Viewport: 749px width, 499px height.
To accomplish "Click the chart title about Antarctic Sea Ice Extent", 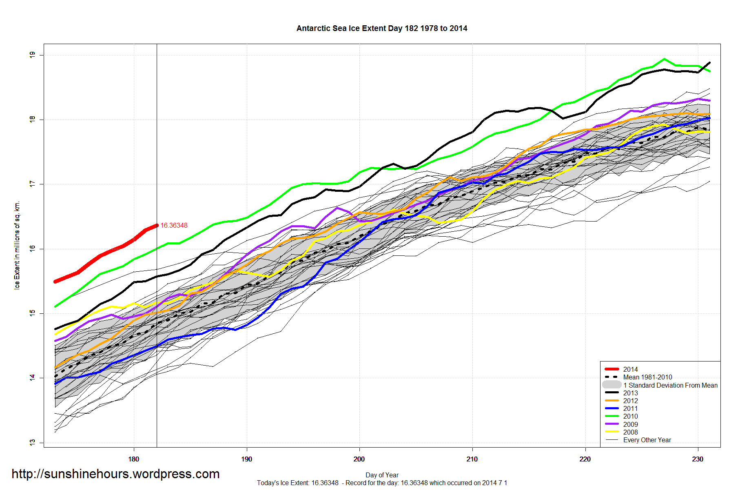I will pyautogui.click(x=381, y=29).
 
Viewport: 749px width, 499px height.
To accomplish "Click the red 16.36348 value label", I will pyautogui.click(x=174, y=226).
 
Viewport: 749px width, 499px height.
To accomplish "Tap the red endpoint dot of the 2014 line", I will pyautogui.click(x=157, y=225).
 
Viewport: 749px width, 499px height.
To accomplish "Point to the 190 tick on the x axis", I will pyautogui.click(x=246, y=459).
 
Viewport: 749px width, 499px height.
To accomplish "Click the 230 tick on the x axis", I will pyautogui.click(x=698, y=459).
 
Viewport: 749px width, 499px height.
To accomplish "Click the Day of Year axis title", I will pyautogui.click(x=382, y=475).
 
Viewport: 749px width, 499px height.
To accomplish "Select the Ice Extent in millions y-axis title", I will pyautogui.click(x=17, y=245).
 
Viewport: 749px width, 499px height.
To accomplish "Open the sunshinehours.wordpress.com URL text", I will pyautogui.click(x=115, y=474).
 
